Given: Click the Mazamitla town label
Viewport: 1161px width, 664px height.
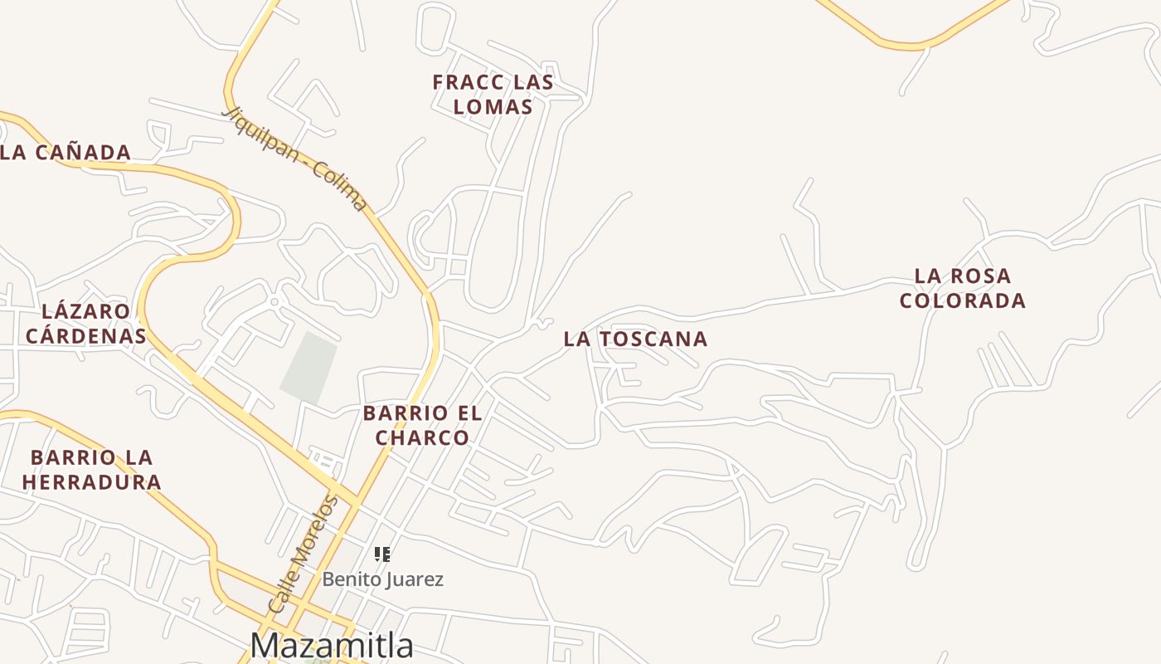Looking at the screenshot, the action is coord(332,645).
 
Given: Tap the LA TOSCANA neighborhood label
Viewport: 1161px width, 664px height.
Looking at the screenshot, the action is coord(635,339).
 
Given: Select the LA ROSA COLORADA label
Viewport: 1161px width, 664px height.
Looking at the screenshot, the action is coord(962,288).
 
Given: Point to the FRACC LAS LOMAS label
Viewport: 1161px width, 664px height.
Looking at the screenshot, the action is coord(493,95).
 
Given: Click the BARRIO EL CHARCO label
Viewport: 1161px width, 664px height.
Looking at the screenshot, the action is coord(422,425).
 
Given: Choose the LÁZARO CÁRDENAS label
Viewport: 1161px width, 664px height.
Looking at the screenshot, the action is coord(85,324).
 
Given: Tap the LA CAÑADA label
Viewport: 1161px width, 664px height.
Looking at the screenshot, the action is coord(66,153).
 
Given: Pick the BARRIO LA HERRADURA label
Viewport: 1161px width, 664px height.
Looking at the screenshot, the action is coord(91,470).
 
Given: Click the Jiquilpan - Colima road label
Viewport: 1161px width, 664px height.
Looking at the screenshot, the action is coord(294,157).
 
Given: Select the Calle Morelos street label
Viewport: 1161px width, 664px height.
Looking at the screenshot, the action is coord(304,554).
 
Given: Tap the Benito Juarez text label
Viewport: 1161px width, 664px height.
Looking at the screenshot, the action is coord(382,579).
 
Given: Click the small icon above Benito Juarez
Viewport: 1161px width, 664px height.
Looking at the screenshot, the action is coord(382,554).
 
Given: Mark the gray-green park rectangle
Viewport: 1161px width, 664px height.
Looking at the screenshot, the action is coord(309,367).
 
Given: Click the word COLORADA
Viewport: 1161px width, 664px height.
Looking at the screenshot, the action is coord(962,300).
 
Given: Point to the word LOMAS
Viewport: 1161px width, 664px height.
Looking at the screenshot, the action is coord(493,107).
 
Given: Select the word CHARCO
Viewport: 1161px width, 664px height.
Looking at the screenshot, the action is coord(422,437).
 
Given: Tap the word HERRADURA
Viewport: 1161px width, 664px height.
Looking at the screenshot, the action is coord(91,482).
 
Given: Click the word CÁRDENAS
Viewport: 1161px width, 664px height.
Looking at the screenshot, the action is coord(85,336).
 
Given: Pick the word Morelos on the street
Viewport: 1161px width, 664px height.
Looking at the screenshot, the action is coord(316,531).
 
